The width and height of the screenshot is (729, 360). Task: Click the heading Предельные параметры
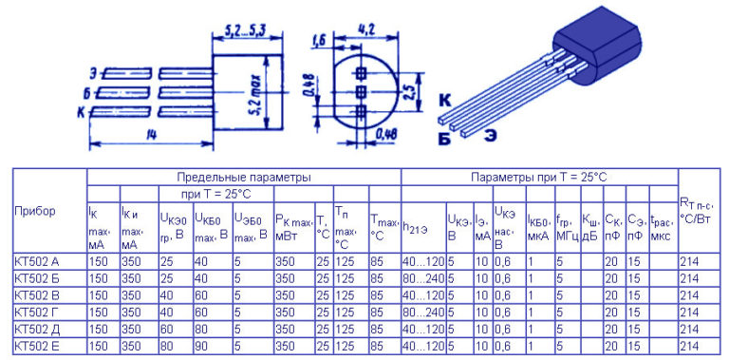pos(244,178)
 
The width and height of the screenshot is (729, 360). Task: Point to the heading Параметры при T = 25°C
pos(539,178)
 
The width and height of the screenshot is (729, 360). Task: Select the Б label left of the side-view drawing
pos(86,92)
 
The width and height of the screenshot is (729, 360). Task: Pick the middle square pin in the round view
pos(361,92)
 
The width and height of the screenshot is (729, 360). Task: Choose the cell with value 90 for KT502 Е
pos(201,346)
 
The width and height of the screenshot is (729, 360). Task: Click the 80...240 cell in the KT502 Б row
pos(421,278)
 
